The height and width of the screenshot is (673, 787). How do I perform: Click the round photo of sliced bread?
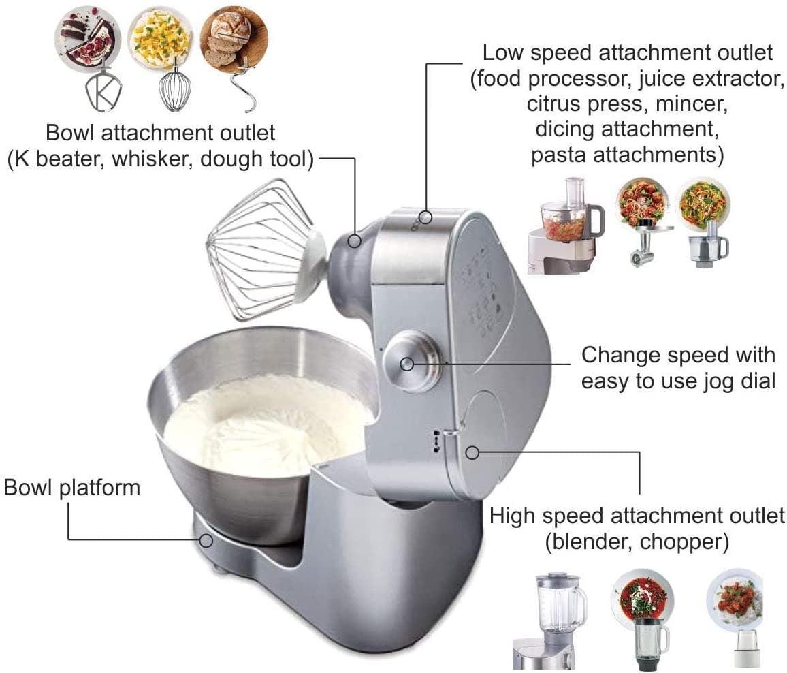[234, 37]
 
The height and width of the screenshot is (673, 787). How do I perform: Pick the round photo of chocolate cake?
[88, 37]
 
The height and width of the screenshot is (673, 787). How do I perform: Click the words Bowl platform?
[72, 488]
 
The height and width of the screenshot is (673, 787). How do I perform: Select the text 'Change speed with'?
[678, 355]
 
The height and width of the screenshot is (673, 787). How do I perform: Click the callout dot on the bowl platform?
[206, 540]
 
